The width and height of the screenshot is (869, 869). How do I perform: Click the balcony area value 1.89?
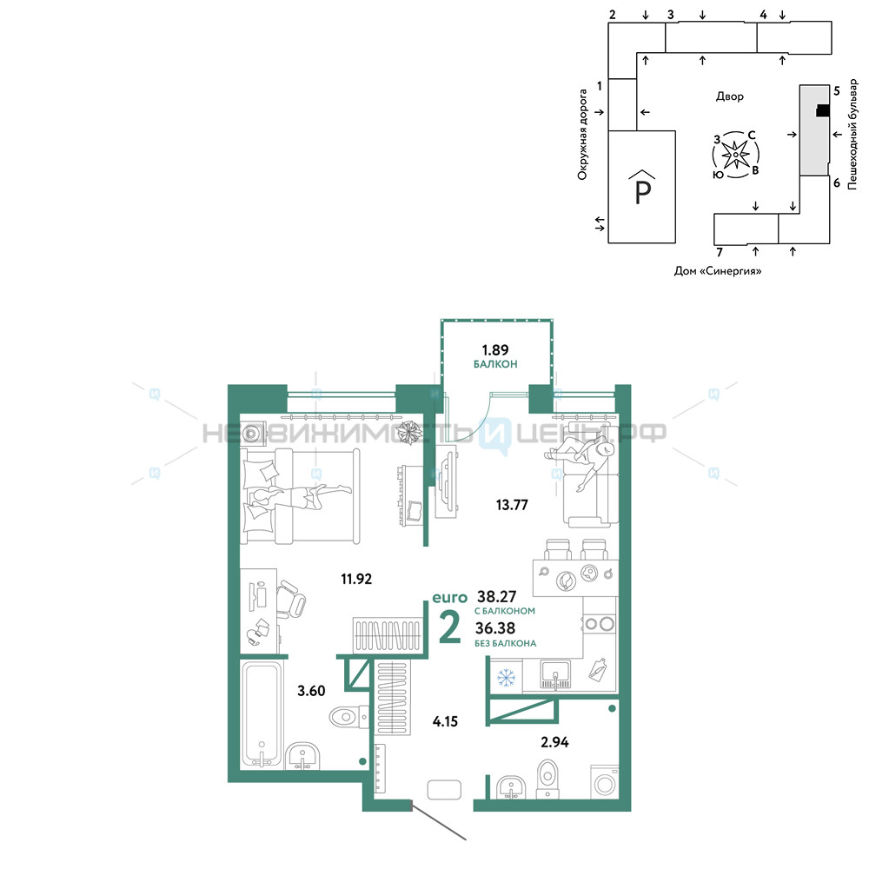495,349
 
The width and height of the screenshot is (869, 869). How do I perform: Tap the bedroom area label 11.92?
356,579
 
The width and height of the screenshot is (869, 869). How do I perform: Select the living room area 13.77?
512,504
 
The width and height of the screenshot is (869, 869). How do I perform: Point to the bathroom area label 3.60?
311,691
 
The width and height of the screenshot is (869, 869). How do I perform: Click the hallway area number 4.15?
445,721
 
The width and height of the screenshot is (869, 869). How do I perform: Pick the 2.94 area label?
554,741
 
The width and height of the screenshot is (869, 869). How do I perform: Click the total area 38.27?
496,596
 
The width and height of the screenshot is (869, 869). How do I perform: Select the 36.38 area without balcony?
495,628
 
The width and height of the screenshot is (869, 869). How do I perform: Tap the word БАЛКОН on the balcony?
495,364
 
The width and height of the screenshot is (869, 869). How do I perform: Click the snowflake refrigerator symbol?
506,677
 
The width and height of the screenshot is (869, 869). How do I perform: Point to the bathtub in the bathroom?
262,715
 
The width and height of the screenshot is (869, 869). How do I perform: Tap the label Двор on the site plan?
730,96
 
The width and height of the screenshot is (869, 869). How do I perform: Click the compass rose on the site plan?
735,155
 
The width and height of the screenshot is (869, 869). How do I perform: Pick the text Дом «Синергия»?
717,271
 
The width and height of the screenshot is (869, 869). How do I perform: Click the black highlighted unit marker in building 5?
823,111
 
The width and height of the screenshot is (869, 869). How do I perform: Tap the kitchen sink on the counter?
555,674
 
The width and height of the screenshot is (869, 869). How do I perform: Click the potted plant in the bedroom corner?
410,432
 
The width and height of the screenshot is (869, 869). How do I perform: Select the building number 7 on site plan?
720,252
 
